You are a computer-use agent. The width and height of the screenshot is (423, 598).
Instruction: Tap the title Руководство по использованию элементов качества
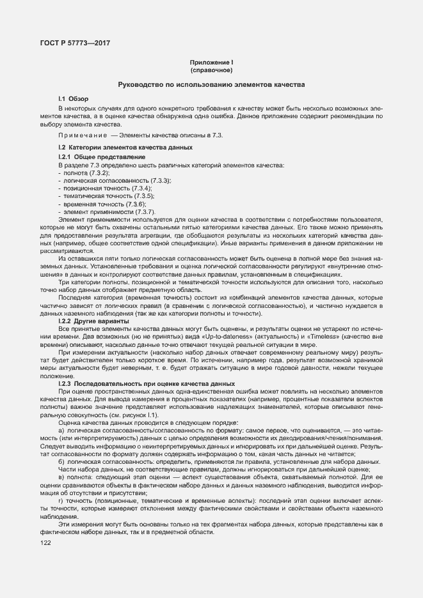click(x=211, y=85)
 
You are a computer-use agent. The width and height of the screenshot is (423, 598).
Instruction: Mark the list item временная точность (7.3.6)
click(x=95, y=204)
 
